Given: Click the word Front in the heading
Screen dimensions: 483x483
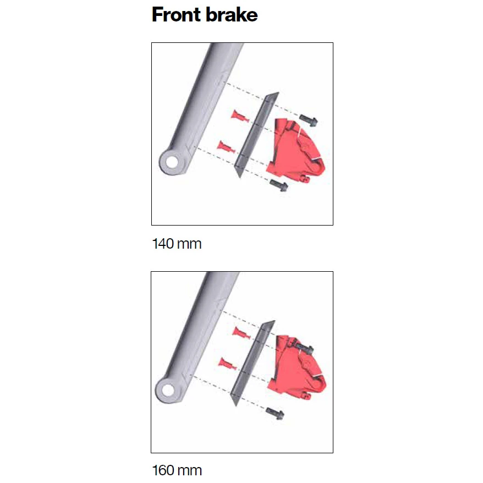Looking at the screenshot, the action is click(176, 14).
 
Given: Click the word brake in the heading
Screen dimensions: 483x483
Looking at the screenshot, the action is click(232, 14).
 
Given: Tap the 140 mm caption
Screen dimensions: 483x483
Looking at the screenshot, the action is click(177, 244).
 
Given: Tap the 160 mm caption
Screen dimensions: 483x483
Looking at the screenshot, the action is click(177, 470).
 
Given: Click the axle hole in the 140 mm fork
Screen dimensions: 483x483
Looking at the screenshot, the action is click(172, 162).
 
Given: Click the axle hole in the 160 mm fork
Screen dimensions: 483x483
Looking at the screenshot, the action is click(168, 391).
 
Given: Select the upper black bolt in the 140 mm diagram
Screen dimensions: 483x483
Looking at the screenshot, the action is click(309, 120).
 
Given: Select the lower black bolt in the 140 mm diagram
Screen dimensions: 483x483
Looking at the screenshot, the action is click(279, 185).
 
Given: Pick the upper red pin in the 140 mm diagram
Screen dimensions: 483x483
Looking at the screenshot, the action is click(240, 116).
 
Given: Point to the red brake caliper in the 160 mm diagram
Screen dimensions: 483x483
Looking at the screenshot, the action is click(297, 368).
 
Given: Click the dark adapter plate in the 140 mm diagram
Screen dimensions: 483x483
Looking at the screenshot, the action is click(256, 135).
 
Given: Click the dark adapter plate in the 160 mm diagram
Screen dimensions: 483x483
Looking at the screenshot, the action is click(253, 363).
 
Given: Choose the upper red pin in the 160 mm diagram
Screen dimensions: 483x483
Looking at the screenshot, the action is click(241, 333).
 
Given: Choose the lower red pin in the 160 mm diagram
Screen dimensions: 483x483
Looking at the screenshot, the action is click(227, 364).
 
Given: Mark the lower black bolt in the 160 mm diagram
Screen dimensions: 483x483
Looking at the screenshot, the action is click(275, 413).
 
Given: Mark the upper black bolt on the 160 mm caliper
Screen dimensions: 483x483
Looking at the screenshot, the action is click(304, 348).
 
